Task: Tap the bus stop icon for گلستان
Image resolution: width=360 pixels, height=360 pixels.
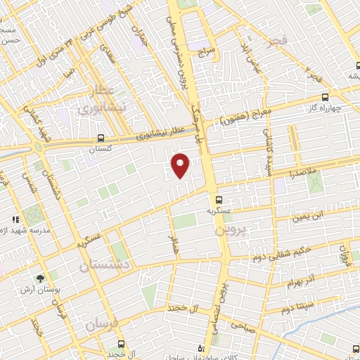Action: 101,138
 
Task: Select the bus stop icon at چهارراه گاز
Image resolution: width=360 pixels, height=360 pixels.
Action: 324,97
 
